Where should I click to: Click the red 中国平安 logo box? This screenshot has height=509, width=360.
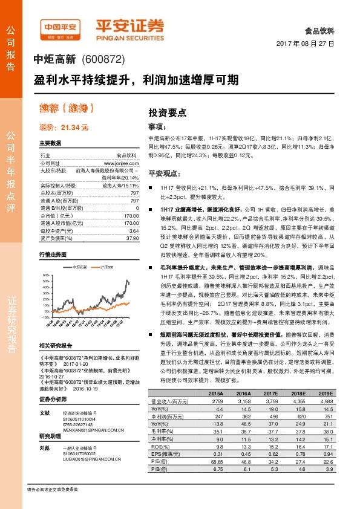click(59, 27)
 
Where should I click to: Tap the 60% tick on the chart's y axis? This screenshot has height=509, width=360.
click(45, 274)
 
